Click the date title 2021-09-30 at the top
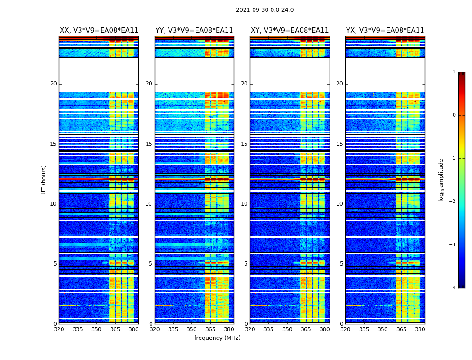point(264,10)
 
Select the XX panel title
point(99,31)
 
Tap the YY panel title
point(194,31)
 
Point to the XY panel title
point(289,31)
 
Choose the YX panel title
point(385,31)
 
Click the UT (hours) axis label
point(44,180)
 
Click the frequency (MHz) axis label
point(217,338)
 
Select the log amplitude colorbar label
point(441,180)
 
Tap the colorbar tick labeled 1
point(454,72)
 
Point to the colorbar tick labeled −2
point(453,202)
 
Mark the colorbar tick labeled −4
point(453,288)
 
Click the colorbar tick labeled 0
point(454,115)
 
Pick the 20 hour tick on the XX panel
point(53,84)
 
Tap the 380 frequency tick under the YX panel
point(420,329)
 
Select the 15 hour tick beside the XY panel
point(244,144)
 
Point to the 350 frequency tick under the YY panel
point(192,329)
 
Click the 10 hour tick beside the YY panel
point(149,204)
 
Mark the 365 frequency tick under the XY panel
point(306,329)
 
